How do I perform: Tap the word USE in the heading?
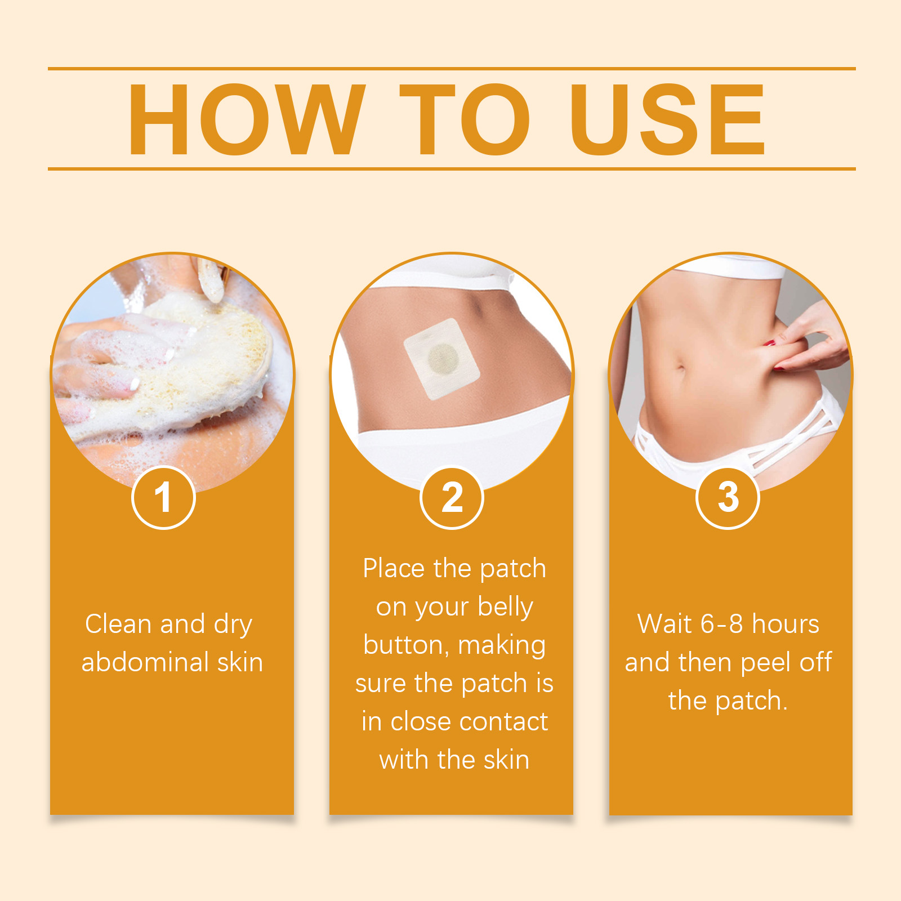668,119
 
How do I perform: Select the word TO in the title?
465,119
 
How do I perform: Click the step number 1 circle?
163,498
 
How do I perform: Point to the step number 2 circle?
452,498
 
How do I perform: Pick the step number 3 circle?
728,498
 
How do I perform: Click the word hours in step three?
786,624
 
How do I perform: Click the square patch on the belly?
442,359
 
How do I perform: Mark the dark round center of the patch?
443,359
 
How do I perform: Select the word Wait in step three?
665,624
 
